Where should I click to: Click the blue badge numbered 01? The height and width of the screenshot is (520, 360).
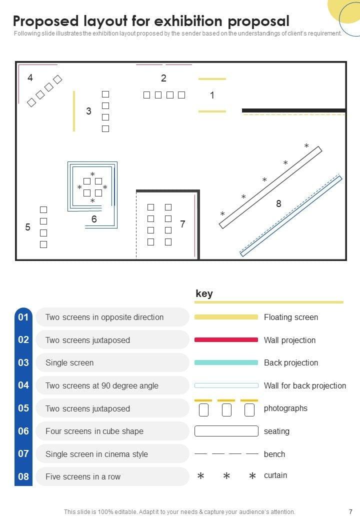[23, 317]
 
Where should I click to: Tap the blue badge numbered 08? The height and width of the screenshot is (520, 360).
[23, 476]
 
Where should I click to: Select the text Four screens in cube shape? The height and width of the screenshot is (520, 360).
[94, 431]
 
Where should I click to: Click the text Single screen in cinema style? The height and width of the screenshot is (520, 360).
[96, 454]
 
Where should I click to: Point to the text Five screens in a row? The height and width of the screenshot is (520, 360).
[83, 476]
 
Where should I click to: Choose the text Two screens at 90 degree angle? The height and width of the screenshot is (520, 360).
[102, 385]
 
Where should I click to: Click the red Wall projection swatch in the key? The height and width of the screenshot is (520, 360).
[226, 339]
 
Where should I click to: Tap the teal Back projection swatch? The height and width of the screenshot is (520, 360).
[226, 362]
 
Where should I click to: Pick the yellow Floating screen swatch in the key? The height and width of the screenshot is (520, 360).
[226, 317]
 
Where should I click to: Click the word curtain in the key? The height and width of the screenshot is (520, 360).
[275, 475]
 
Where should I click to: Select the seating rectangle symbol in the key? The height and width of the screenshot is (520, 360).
[226, 431]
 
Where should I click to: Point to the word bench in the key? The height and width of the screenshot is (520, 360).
[274, 454]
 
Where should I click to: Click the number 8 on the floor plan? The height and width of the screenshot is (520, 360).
[278, 203]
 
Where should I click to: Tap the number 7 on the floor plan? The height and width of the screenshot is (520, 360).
[182, 224]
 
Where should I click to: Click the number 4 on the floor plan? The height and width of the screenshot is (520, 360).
[30, 77]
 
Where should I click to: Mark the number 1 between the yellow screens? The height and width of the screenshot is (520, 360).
[212, 95]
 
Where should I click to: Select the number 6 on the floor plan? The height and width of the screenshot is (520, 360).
[94, 219]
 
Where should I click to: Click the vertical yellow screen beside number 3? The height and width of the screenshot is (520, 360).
[74, 111]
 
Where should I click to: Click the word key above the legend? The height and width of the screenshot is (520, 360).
[204, 293]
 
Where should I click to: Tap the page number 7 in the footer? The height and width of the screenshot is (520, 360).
[350, 511]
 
